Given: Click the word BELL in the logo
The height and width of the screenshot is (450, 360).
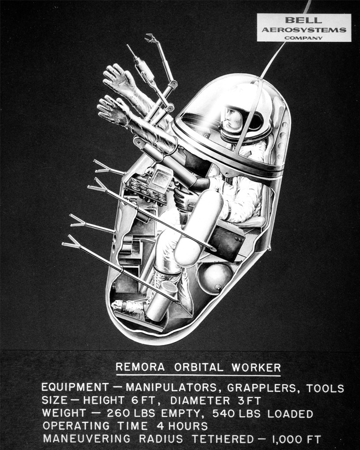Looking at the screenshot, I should point(304,20).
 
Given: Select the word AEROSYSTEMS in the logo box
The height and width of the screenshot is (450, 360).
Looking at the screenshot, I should point(304,30).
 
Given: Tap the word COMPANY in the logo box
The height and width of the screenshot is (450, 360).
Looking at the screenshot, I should point(303,38).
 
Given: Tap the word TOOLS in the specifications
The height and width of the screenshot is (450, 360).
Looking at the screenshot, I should point(325,388).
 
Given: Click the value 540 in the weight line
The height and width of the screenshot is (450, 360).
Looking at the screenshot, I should point(222,414).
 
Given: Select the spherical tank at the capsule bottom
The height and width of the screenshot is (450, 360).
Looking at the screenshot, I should point(215,278).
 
